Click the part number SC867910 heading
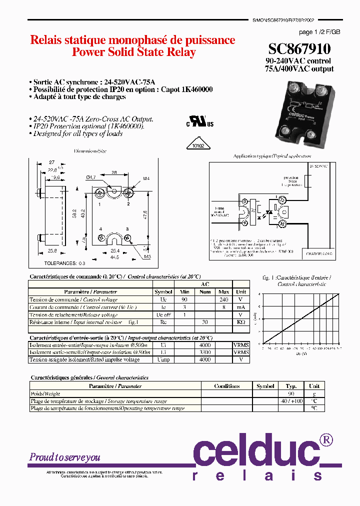tap(299, 48)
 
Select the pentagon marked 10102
tap(199, 145)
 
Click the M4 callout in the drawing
tap(146, 179)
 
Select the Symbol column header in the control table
tap(163, 291)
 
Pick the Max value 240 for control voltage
tap(223, 299)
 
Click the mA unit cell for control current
tap(241, 307)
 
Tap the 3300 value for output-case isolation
tap(205, 352)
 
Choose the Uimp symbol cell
tap(163, 359)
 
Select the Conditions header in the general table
tap(226, 386)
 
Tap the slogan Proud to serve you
tap(65, 457)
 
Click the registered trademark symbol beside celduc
tap(325, 439)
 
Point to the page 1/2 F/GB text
tap(319, 32)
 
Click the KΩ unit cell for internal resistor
tap(241, 322)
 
